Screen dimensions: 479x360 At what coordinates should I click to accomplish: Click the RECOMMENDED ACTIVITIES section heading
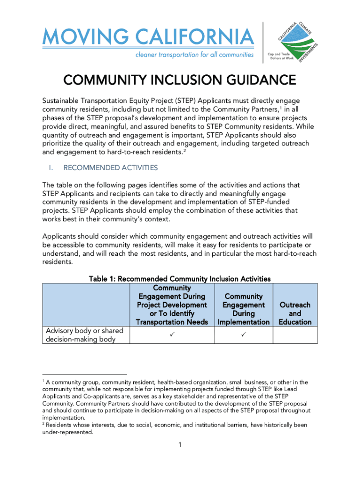click(x=110, y=167)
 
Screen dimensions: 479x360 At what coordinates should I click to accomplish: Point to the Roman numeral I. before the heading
click(x=48, y=167)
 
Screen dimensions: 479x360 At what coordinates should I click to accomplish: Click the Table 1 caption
click(x=180, y=279)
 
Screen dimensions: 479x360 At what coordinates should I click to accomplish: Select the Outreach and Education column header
click(x=295, y=313)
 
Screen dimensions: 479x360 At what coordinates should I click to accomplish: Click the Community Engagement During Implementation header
click(x=243, y=309)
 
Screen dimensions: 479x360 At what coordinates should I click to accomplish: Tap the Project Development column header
click(x=172, y=305)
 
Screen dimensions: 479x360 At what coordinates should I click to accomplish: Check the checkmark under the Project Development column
click(x=172, y=335)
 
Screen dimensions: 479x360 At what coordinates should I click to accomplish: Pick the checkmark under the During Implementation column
click(x=243, y=335)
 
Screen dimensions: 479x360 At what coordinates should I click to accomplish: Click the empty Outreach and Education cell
click(x=295, y=335)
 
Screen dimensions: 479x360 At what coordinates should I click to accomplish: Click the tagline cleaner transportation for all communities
click(x=194, y=55)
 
